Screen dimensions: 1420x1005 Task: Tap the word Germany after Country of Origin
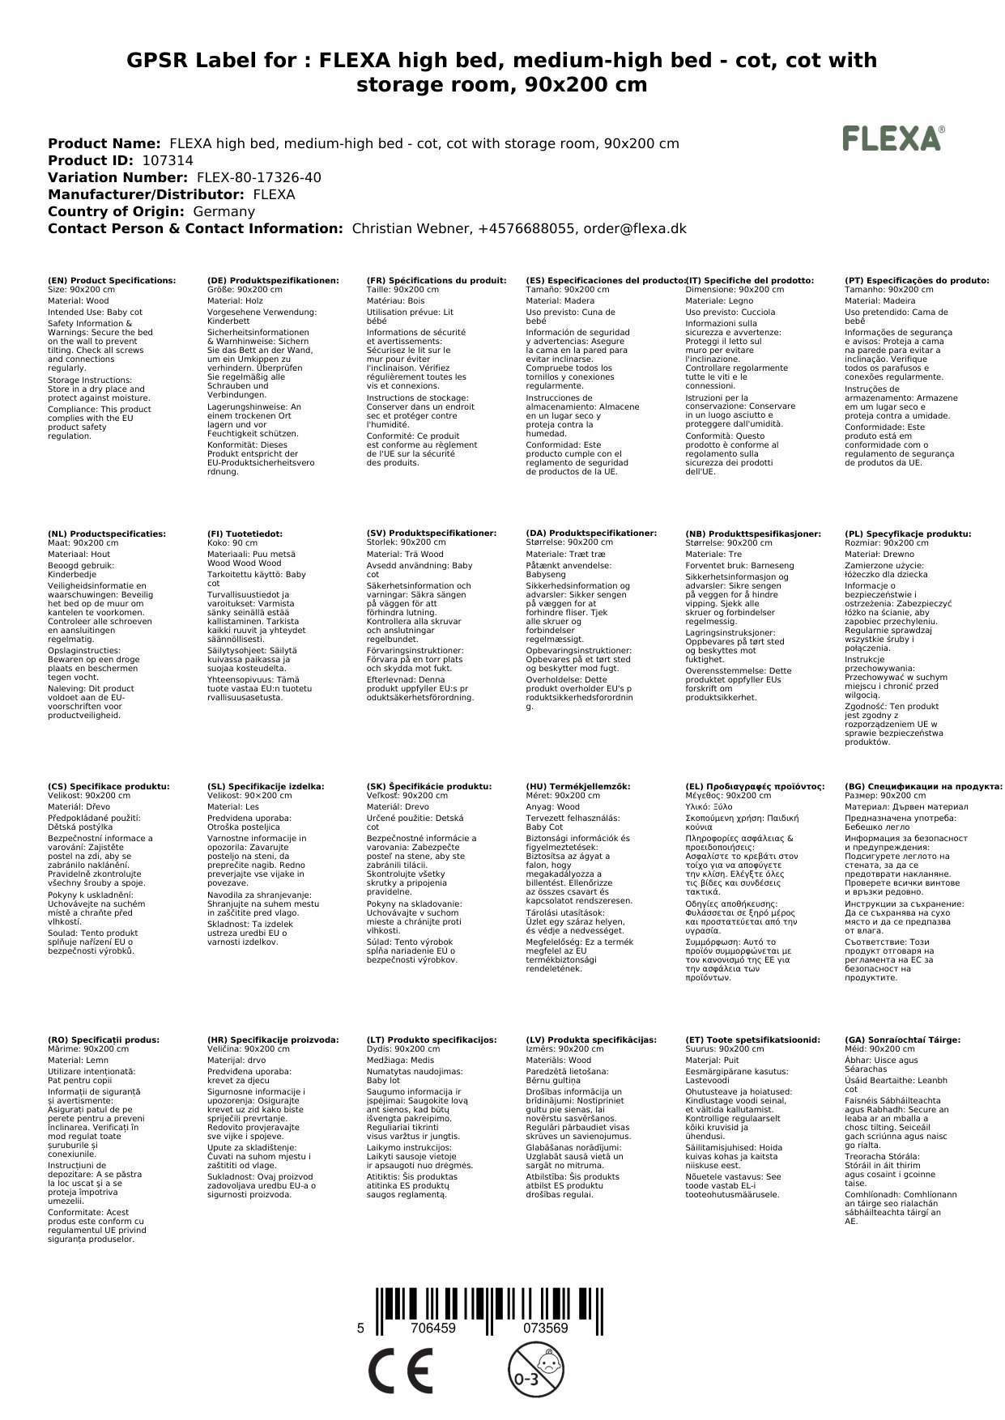click(x=224, y=211)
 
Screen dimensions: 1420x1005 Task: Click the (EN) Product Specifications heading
click(x=112, y=280)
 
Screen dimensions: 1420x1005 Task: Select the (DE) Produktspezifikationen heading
click(x=273, y=280)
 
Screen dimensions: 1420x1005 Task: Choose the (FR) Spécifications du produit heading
click(x=436, y=280)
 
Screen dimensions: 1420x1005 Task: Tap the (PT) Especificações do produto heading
click(x=917, y=280)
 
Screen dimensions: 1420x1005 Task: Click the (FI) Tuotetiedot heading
click(x=245, y=534)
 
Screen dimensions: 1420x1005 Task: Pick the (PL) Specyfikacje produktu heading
click(x=908, y=534)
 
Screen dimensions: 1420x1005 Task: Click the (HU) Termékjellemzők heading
click(x=578, y=786)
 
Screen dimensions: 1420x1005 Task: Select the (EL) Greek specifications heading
click(x=755, y=786)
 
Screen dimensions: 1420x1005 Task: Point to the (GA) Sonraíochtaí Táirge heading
click(x=902, y=1039)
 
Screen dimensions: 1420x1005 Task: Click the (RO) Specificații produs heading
click(x=104, y=1039)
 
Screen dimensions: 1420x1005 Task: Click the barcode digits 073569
click(x=545, y=1329)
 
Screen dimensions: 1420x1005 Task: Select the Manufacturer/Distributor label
click(x=146, y=194)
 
